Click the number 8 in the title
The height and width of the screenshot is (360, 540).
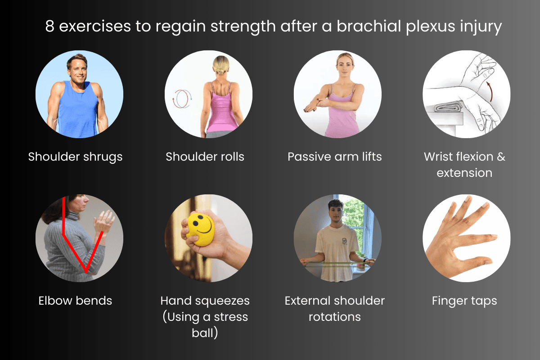[50, 27]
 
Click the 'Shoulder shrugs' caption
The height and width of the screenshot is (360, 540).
[75, 157]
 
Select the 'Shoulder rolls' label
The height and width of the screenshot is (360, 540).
[205, 157]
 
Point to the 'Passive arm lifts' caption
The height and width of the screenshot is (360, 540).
[334, 157]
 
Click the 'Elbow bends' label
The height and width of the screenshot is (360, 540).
[75, 300]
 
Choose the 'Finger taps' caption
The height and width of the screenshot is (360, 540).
[464, 300]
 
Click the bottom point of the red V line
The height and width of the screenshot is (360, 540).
[85, 271]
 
